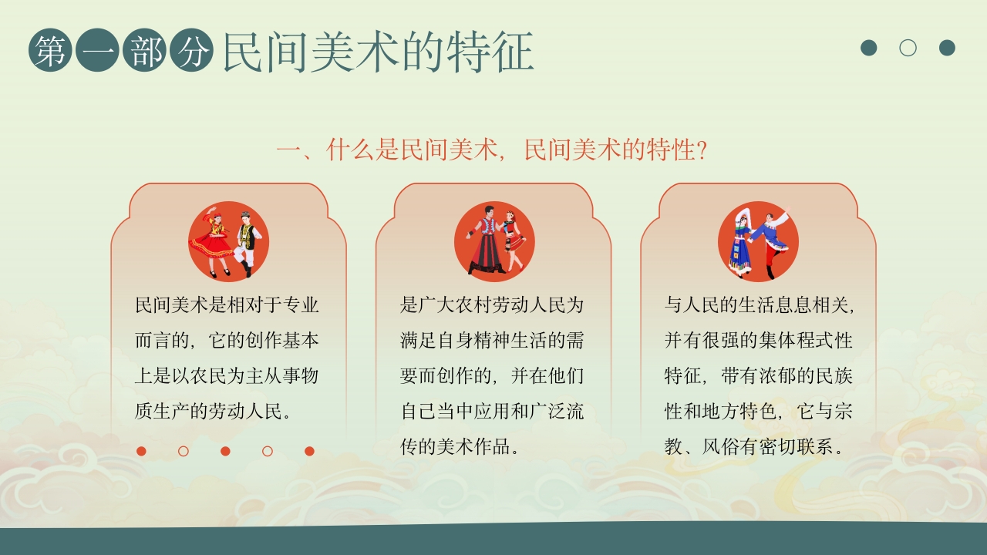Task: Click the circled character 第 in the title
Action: pos(51,52)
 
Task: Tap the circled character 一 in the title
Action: pos(98,52)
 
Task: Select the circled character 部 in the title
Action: pos(145,52)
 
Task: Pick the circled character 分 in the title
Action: pos(192,52)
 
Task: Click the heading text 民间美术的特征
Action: pos(378,52)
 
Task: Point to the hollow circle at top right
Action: pos(908,48)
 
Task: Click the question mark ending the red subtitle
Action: pos(702,150)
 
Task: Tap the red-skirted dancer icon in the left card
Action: pos(229,241)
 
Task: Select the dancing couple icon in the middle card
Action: pos(494,241)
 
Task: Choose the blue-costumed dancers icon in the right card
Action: pos(758,241)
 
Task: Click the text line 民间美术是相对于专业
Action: pos(227,305)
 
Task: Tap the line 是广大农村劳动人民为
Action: pos(492,305)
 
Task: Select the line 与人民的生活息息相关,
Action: pos(760,305)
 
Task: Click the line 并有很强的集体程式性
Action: pos(759,340)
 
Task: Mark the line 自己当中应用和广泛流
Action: pos(492,411)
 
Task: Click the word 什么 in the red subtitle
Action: pos(350,150)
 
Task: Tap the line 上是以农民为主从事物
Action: pos(227,375)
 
